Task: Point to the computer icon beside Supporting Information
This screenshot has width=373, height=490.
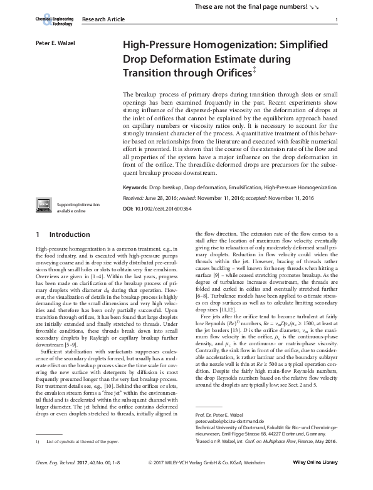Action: click(44, 206)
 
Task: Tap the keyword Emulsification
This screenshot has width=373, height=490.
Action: click(241, 187)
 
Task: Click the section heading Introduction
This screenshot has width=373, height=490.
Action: click(66, 234)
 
